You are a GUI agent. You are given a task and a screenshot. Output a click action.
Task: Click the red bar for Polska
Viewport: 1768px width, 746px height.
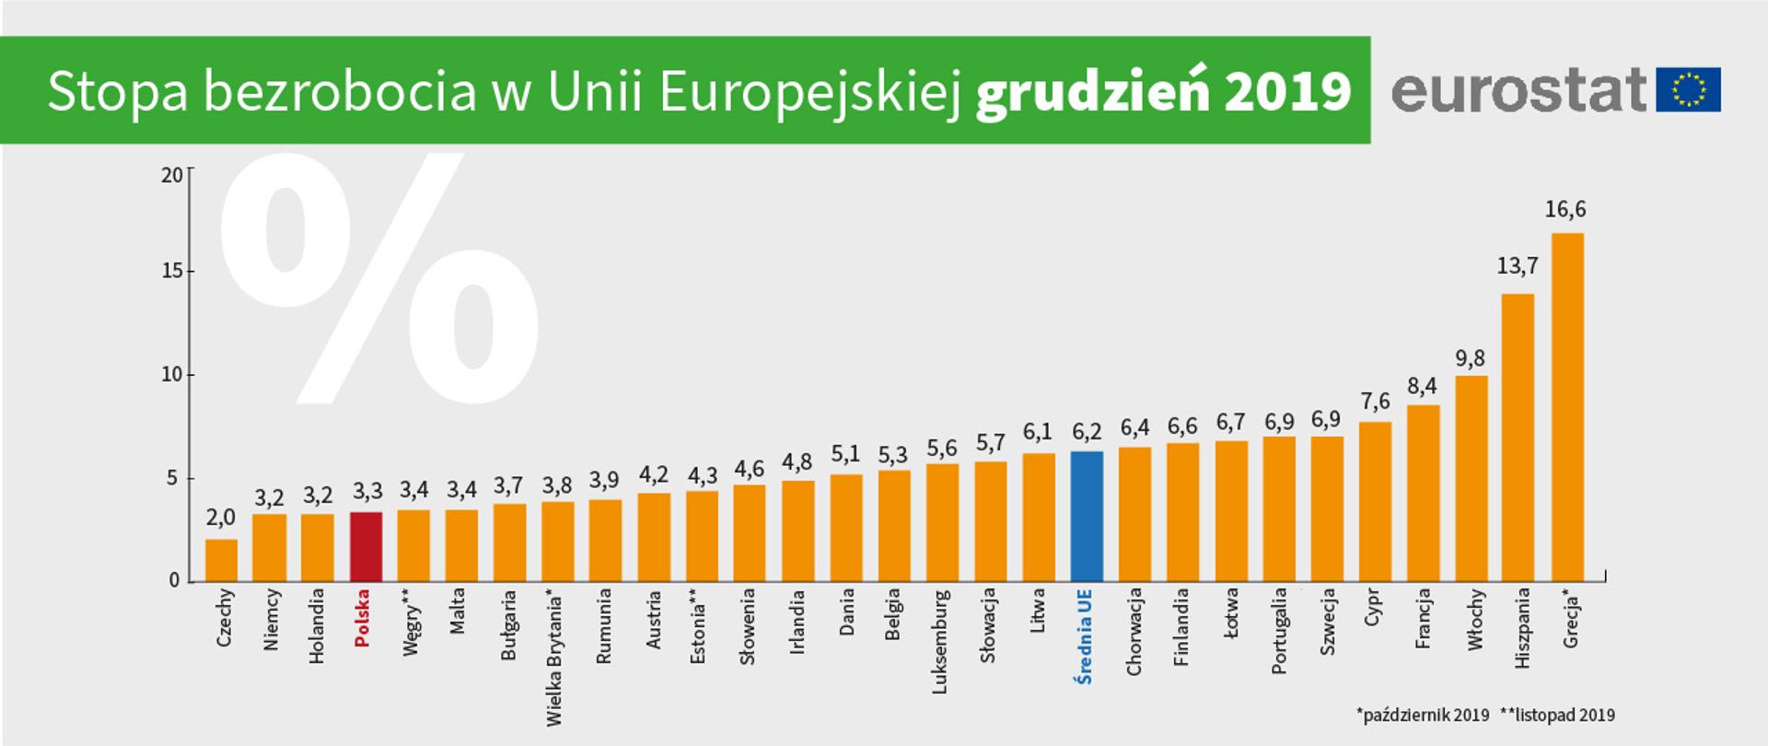pyautogui.click(x=366, y=546)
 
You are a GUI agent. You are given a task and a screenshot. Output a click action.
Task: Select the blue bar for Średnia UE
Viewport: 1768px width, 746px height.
pyautogui.click(x=1087, y=516)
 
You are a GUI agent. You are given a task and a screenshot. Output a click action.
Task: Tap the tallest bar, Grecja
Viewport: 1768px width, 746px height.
pyautogui.click(x=1567, y=407)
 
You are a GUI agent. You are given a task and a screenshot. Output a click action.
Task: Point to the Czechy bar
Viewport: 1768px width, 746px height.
pyautogui.click(x=221, y=560)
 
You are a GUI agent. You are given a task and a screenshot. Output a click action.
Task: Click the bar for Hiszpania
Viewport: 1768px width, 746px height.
pyautogui.click(x=1518, y=437)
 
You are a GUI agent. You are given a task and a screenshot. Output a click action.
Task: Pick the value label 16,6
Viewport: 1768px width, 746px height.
pyautogui.click(x=1565, y=210)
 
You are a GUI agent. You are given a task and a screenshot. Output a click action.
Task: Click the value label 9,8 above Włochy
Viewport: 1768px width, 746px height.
pyautogui.click(x=1471, y=358)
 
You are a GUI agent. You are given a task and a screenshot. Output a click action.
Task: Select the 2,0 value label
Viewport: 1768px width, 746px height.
pyautogui.click(x=221, y=518)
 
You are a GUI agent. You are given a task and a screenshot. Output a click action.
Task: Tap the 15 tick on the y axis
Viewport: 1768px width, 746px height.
pyautogui.click(x=171, y=272)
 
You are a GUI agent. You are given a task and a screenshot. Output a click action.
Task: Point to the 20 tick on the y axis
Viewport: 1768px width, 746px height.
pyautogui.click(x=171, y=175)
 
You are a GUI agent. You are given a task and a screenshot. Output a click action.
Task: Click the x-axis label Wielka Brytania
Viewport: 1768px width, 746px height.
pyautogui.click(x=554, y=658)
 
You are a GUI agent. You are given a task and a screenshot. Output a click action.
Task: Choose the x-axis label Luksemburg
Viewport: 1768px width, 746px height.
pyautogui.click(x=940, y=641)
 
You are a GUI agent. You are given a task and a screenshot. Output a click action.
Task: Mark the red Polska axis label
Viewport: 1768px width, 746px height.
pyautogui.click(x=362, y=618)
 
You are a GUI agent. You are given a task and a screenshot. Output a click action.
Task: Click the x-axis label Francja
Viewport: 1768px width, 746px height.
pyautogui.click(x=1423, y=619)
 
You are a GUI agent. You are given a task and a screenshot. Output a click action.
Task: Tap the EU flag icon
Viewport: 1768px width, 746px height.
pyautogui.click(x=1688, y=90)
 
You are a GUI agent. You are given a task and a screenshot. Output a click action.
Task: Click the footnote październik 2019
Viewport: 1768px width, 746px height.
pyautogui.click(x=1424, y=715)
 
